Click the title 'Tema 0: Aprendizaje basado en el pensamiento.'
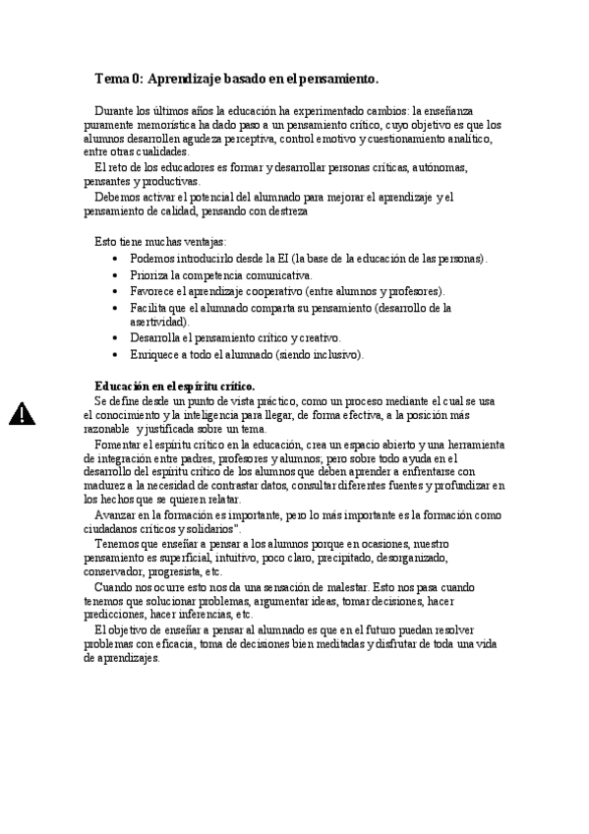pyautogui.click(x=236, y=78)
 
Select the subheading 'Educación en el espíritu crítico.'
pyautogui.click(x=174, y=387)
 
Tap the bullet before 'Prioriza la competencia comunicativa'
pyautogui.click(x=117, y=275)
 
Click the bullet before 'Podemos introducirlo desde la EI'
pyautogui.click(x=117, y=259)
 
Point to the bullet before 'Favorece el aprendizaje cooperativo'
pyautogui.click(x=117, y=292)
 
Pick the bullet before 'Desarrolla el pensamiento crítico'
pyautogui.click(x=117, y=338)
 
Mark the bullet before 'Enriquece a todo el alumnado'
pyautogui.click(x=117, y=355)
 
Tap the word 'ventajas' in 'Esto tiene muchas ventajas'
pyautogui.click(x=201, y=241)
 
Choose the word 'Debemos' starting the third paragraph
pyautogui.click(x=117, y=197)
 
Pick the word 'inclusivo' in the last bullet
pyautogui.click(x=335, y=355)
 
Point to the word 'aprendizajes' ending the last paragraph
pyautogui.click(x=121, y=658)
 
